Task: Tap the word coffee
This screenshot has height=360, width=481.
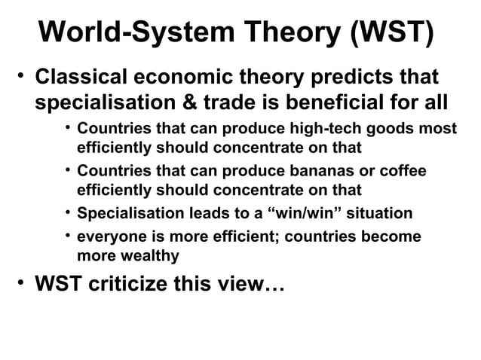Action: point(402,171)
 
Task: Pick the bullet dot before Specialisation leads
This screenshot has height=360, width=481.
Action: point(68,212)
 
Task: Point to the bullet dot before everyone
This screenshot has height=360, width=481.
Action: point(68,236)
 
